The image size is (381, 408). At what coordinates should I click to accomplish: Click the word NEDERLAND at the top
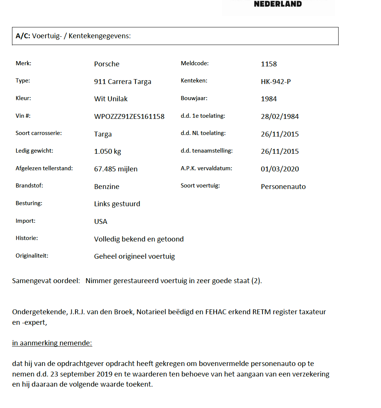coord(278,4)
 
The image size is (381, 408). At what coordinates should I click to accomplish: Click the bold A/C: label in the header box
coord(23,36)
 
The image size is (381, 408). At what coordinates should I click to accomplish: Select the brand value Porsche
coord(107,64)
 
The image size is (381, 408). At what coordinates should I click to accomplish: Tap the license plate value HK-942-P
coord(276,81)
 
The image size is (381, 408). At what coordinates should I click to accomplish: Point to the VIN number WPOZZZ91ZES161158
coord(129,117)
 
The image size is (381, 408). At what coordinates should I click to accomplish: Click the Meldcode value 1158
coord(269,64)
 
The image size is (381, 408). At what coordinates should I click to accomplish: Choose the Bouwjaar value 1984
coord(269,99)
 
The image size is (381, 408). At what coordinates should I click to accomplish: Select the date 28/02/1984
coord(280,117)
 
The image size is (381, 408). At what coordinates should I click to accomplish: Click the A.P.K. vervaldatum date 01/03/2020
coord(280,169)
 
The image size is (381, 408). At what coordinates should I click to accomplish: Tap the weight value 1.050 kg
coord(107,151)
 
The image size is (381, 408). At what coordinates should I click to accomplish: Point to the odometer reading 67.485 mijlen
coord(116,169)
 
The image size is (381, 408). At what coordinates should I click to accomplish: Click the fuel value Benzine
coord(107,186)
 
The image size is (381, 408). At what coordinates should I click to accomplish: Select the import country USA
coord(101,222)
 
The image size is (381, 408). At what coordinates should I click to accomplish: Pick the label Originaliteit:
coord(32,256)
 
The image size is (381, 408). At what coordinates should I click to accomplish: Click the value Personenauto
coord(283,186)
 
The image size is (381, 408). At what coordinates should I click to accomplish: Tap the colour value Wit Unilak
coord(111,99)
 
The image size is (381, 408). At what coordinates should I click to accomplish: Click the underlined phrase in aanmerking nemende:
coord(52,343)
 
